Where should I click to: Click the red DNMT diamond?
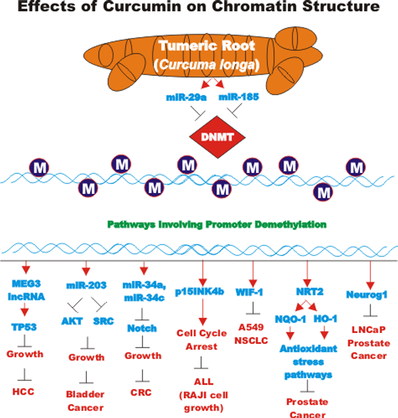click(x=217, y=136)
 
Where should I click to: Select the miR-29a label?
click(x=186, y=97)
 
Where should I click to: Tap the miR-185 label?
click(x=238, y=97)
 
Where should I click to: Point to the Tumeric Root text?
click(x=207, y=46)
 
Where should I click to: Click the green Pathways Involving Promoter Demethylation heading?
click(x=217, y=225)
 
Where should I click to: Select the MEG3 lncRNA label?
click(x=26, y=291)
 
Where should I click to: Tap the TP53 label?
click(x=24, y=327)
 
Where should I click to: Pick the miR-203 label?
click(x=86, y=285)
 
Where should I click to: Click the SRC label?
click(x=103, y=321)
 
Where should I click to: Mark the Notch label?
click(x=142, y=328)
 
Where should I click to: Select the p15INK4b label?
click(x=202, y=292)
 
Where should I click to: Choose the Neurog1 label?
click(x=366, y=295)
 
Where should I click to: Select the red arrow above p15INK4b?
click(x=202, y=273)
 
